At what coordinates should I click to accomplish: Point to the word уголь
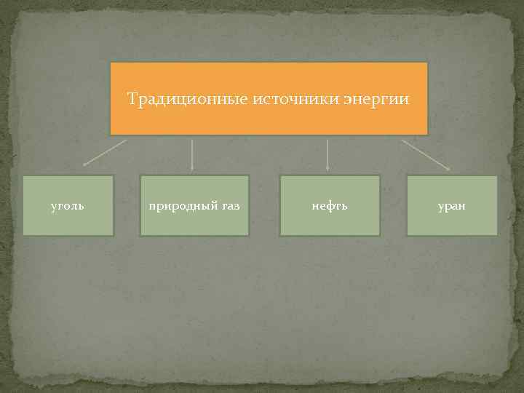click(x=68, y=206)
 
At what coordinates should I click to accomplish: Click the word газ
click(x=229, y=206)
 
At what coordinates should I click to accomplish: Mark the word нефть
click(x=330, y=206)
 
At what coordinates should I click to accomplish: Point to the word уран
click(x=452, y=206)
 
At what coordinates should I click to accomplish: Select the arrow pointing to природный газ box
click(x=191, y=154)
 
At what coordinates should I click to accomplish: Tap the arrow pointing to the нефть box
click(x=327, y=154)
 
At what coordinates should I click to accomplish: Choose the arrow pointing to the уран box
click(x=426, y=154)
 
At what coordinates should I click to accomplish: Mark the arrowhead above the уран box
click(x=448, y=169)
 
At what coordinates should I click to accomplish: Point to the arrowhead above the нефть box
click(x=327, y=169)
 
